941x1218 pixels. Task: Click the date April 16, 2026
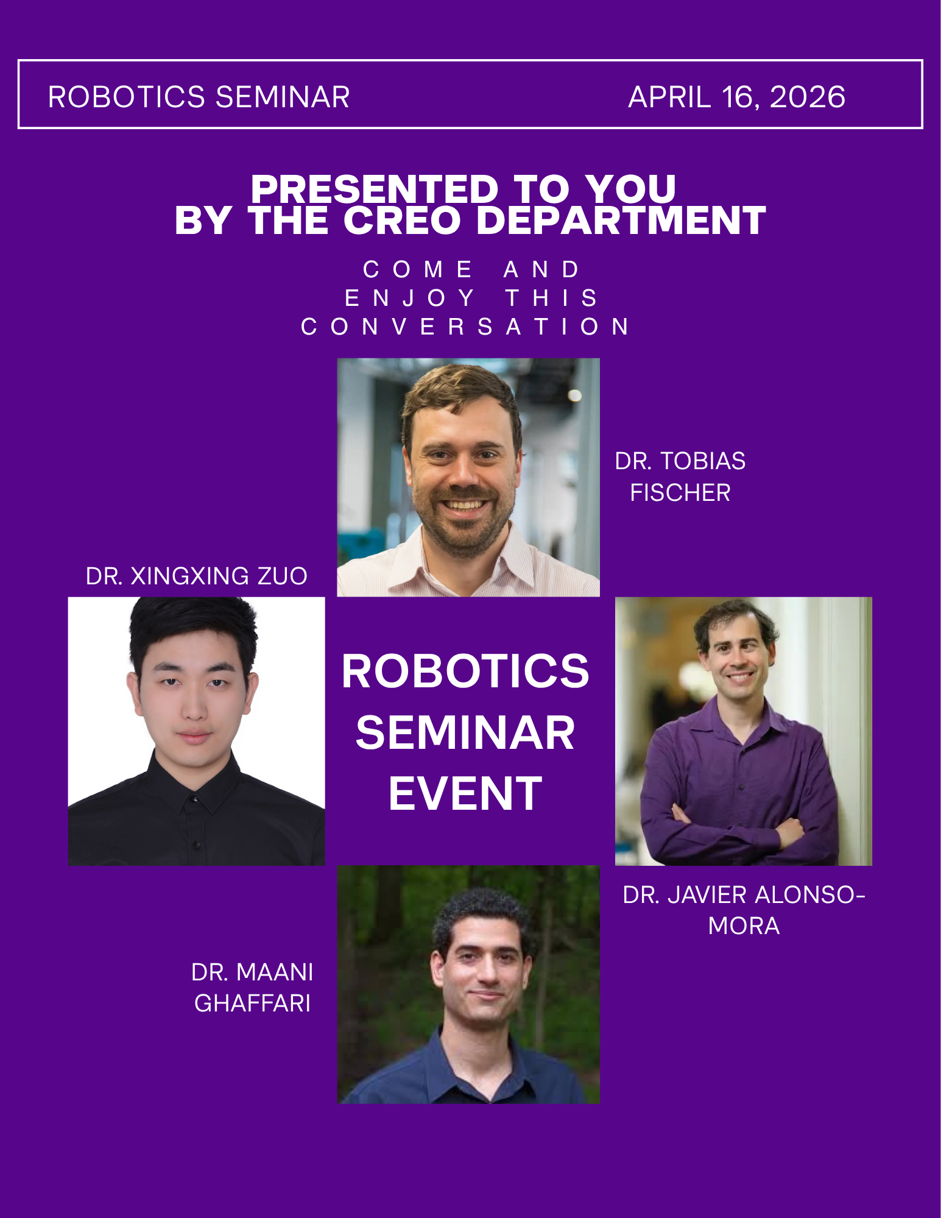tap(736, 97)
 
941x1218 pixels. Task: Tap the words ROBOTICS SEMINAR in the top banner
tap(199, 97)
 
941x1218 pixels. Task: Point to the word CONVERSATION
tap(465, 327)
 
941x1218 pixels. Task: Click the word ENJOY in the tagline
tap(409, 298)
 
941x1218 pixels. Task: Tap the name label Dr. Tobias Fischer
tap(680, 476)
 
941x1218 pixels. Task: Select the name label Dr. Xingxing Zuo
tap(196, 576)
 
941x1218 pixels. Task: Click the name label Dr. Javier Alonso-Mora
tap(744, 910)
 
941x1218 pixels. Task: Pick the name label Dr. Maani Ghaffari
tap(252, 987)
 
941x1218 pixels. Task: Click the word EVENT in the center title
tap(465, 793)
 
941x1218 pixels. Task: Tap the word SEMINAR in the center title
tap(465, 732)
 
